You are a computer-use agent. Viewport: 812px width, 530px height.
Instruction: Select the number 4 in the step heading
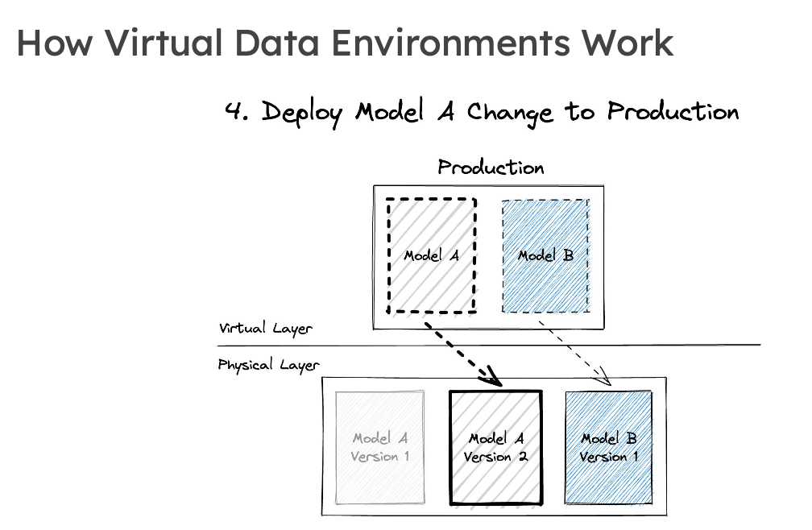234,111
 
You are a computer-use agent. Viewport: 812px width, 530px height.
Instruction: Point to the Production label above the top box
491,168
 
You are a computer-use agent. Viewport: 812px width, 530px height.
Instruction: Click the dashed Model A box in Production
432,255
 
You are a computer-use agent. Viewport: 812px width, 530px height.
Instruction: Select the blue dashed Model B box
545,255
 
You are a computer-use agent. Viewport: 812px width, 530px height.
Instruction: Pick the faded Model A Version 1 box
380,447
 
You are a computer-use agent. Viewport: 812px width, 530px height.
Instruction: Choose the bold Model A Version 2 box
496,447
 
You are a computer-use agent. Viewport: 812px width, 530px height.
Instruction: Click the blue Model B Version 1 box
608,447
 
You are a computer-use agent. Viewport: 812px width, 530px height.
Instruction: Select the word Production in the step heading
673,111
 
